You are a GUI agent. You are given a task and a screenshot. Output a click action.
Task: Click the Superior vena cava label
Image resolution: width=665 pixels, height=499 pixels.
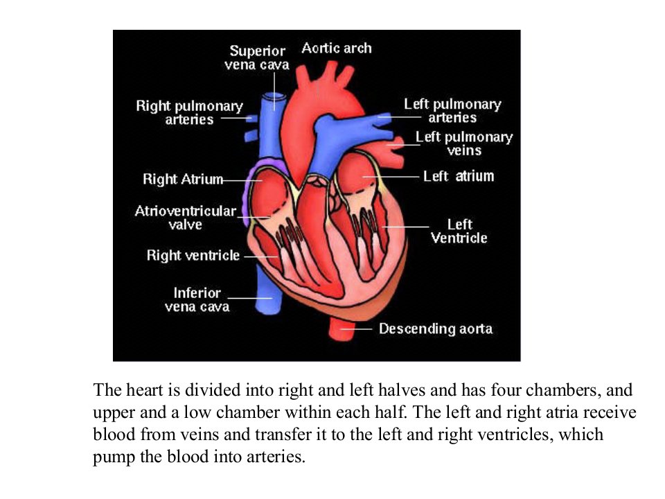[257, 58]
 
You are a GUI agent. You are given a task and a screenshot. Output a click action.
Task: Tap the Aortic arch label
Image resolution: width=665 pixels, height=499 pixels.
[337, 48]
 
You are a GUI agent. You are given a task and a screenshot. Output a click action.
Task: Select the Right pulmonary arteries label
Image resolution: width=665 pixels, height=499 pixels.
[190, 112]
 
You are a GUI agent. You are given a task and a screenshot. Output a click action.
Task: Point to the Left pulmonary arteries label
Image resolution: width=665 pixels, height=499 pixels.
[452, 111]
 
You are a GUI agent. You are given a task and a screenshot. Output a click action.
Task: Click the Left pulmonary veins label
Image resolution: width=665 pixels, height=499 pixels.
[464, 143]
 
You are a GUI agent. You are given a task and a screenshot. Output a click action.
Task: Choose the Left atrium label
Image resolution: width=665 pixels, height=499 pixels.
[459, 176]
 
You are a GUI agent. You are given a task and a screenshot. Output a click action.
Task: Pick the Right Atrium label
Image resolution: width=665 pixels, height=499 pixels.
[183, 179]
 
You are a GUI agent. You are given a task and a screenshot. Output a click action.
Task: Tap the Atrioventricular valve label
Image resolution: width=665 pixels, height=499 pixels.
[186, 217]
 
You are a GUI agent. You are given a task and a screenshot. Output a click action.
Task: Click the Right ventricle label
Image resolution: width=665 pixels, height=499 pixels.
[193, 256]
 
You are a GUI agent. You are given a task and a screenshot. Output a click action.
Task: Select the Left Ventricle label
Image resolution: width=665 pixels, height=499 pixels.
[459, 231]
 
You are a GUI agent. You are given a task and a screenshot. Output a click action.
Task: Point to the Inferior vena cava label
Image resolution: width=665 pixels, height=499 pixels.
[197, 299]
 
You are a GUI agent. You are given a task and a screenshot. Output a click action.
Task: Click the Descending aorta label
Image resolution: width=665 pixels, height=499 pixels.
[436, 329]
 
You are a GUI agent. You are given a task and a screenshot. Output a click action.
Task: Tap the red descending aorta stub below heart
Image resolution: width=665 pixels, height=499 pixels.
[342, 329]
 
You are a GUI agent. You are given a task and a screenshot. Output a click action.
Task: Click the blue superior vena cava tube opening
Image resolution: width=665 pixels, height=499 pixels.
[274, 98]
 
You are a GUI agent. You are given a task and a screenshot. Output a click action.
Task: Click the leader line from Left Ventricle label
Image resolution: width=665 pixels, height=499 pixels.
[405, 227]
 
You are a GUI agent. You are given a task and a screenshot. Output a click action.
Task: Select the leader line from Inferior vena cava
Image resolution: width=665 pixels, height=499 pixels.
[250, 298]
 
